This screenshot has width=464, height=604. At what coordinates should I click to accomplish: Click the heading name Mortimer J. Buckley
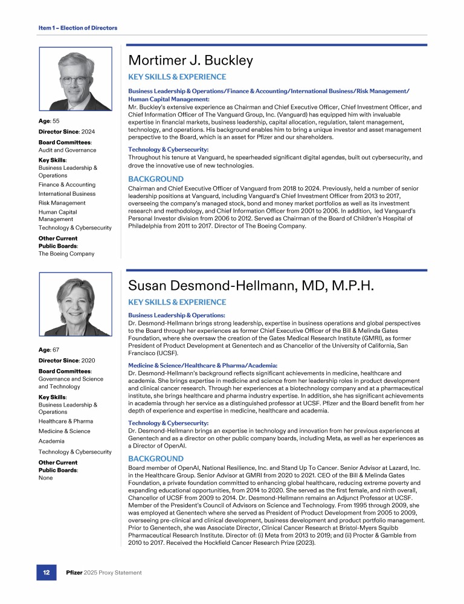point(190,61)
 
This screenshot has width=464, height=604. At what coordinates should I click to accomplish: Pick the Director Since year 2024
point(87,131)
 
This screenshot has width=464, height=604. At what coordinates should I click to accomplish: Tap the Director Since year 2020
point(87,360)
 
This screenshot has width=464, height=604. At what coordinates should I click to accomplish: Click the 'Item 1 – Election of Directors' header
point(77,28)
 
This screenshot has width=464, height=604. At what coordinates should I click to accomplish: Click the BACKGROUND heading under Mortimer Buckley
point(156,179)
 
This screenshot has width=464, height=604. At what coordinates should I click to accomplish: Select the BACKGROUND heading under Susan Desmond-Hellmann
point(156,459)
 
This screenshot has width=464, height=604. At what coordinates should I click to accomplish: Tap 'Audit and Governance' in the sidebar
point(67,150)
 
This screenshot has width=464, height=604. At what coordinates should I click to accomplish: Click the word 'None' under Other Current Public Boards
point(46,478)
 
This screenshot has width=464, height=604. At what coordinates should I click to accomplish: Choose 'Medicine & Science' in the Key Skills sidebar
point(64,431)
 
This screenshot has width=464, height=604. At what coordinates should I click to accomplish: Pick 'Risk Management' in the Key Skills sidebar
point(62,203)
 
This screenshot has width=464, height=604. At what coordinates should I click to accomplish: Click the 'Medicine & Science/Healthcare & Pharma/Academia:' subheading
point(203,365)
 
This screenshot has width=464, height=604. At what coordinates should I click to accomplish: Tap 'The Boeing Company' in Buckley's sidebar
point(66,254)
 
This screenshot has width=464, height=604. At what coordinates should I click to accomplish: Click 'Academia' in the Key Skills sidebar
point(52,441)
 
